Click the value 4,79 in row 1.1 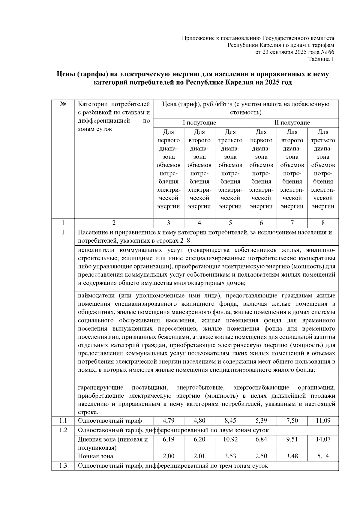tap(168, 421)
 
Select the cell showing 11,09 tap(323, 421)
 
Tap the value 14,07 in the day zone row tap(323, 439)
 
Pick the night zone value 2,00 tap(168, 456)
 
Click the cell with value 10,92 tap(230, 439)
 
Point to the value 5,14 tap(323, 456)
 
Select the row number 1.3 tap(63, 466)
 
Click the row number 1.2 tap(63, 430)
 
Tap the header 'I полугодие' tap(199, 123)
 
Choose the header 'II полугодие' tap(292, 123)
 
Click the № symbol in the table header tap(63, 104)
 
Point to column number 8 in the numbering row tap(323, 223)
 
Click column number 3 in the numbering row tap(168, 223)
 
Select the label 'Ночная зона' tap(95, 456)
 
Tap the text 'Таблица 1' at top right tap(321, 59)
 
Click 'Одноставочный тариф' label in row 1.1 tap(110, 421)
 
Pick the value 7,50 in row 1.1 tap(292, 421)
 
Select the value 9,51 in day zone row tap(292, 439)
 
